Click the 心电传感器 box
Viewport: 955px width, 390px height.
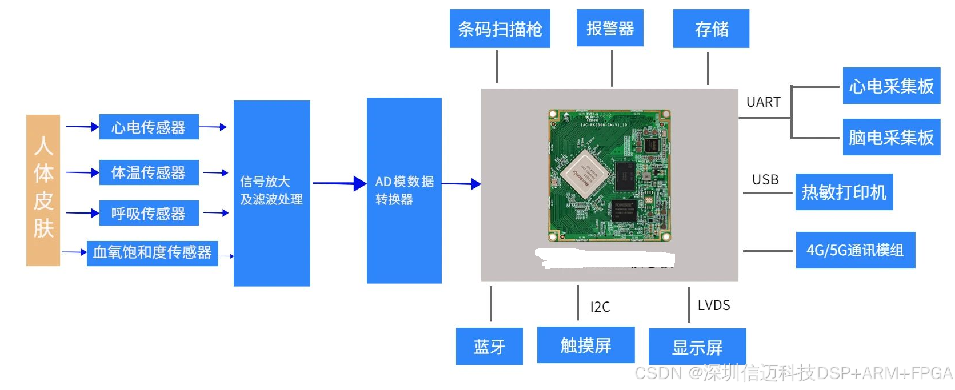point(149,127)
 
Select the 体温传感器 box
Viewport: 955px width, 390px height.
point(149,172)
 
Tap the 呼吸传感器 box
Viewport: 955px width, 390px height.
point(149,214)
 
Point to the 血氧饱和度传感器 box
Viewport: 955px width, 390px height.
point(152,252)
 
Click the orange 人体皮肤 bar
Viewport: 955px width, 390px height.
point(43,190)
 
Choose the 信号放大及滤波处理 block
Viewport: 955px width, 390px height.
point(271,193)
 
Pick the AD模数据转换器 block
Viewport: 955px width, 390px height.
point(404,190)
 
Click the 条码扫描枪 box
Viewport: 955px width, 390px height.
point(500,29)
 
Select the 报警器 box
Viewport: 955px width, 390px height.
point(610,28)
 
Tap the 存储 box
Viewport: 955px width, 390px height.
point(711,29)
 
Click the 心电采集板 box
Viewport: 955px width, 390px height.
point(891,86)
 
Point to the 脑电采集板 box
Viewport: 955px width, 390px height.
point(891,137)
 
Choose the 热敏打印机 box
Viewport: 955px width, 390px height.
point(844,192)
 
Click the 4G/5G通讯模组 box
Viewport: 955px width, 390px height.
point(855,250)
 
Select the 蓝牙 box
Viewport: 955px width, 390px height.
point(489,346)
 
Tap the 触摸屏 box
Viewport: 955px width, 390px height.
point(586,345)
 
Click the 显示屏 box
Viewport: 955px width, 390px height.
point(697,347)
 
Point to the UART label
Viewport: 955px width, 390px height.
point(763,102)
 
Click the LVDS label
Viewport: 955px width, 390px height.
point(714,305)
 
